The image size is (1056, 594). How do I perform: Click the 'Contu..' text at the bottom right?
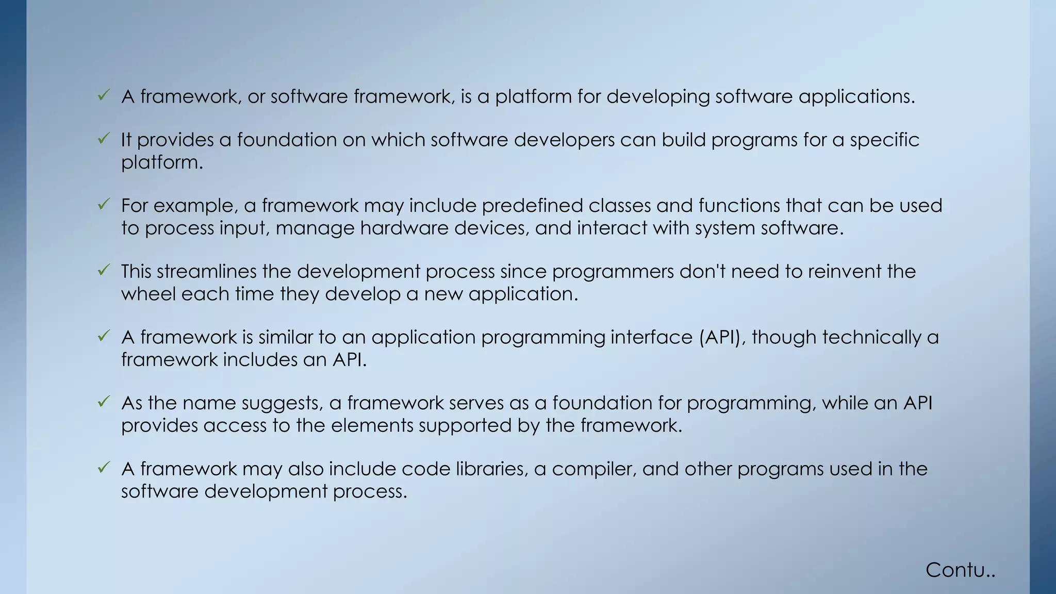click(x=960, y=570)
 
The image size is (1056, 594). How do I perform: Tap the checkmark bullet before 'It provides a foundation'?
click(x=104, y=138)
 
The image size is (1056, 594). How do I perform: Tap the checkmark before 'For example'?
click(x=104, y=204)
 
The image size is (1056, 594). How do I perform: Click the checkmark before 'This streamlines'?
click(x=104, y=270)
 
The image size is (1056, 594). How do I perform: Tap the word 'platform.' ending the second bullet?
click(x=162, y=163)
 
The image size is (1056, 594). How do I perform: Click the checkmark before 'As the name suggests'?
click(x=104, y=401)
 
